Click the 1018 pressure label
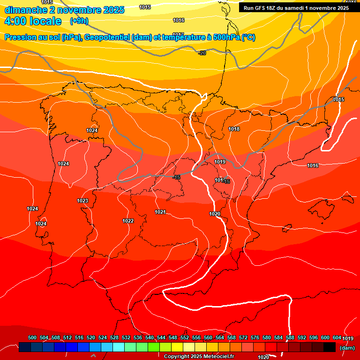tap(234, 129)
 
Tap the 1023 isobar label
tap(82, 201)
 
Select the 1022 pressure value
tap(128, 221)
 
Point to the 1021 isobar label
tap(160, 212)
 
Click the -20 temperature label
tap(202, 53)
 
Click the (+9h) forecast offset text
tap(79, 21)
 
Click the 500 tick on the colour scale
tap(32, 337)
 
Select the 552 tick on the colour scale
tap(185, 337)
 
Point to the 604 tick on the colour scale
tap(337, 337)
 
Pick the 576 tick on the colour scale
tap(255, 337)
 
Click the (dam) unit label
tap(347, 348)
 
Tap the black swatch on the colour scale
tap(329, 347)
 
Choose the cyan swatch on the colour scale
tap(119, 347)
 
